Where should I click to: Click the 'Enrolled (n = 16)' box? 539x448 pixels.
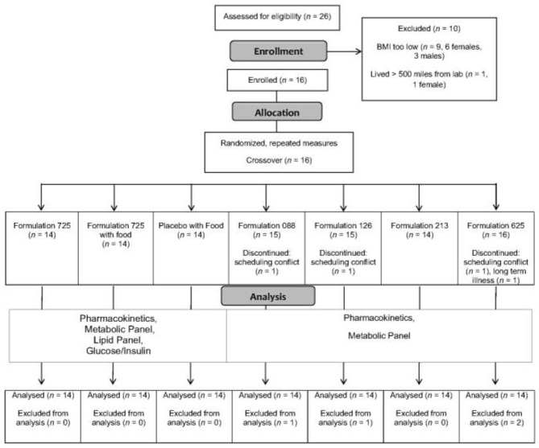(x=267, y=81)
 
